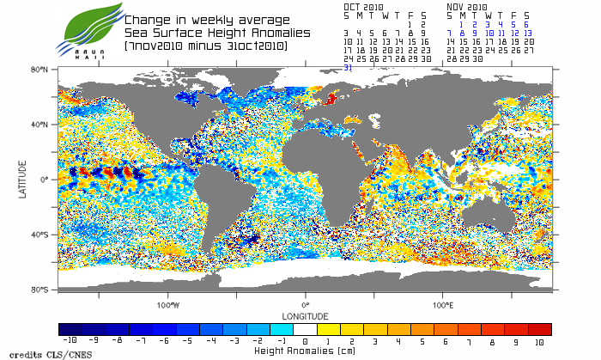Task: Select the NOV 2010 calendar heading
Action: click(467, 5)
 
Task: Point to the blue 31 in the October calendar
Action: click(348, 67)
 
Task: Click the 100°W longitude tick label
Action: click(168, 305)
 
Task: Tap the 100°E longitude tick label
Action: click(442, 305)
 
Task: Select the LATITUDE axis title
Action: click(23, 180)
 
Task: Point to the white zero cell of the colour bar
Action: click(305, 329)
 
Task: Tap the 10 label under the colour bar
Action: click(539, 341)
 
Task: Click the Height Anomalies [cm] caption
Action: click(305, 351)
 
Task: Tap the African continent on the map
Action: click(322, 172)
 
